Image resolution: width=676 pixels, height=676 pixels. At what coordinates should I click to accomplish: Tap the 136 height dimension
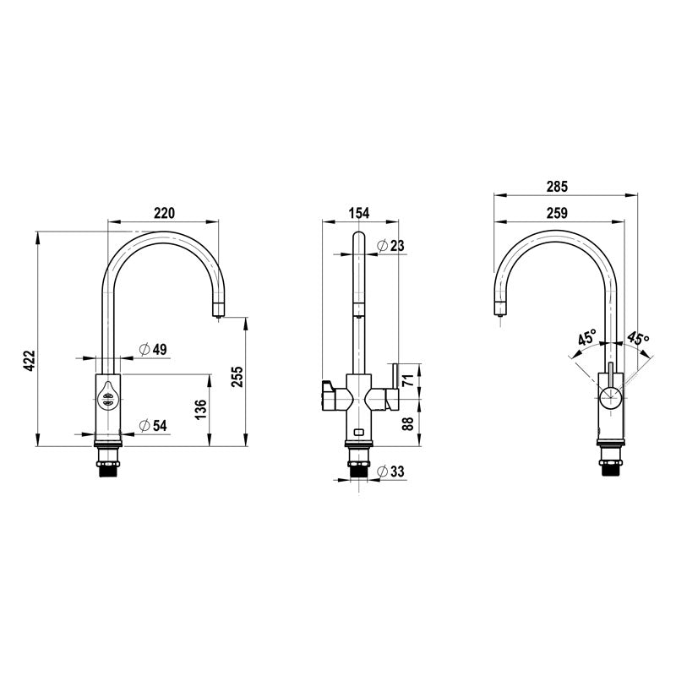(200, 411)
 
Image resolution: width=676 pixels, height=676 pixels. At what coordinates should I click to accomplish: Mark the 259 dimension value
(557, 213)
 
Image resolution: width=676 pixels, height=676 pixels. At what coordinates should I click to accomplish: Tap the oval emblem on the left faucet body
(108, 395)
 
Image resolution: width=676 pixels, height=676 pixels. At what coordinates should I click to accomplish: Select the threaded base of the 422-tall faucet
(108, 464)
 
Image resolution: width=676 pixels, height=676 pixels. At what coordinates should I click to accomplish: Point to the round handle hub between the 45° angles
(609, 396)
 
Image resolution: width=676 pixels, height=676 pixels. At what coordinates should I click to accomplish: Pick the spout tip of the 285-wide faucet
(498, 311)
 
